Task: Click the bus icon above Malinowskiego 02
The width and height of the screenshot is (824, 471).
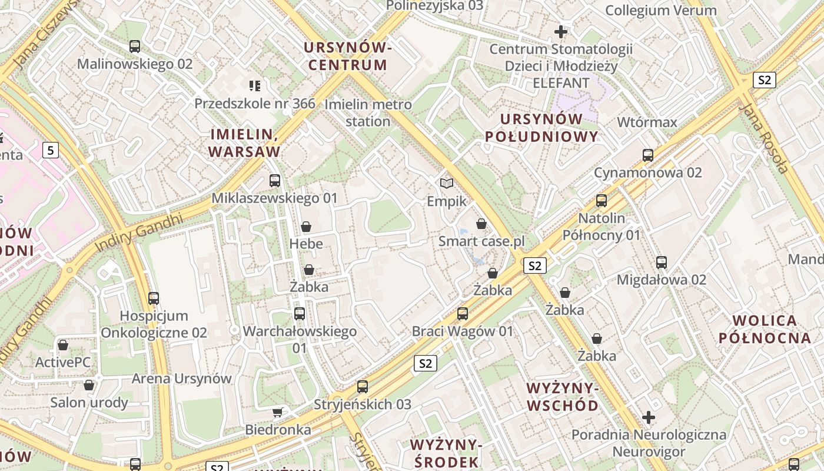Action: click(x=135, y=47)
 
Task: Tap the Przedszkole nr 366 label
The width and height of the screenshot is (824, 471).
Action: click(x=255, y=104)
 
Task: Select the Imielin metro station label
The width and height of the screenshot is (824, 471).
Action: click(x=368, y=113)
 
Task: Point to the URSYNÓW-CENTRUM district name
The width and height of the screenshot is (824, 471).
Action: click(x=348, y=56)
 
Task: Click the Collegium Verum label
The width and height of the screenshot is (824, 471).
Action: click(x=660, y=10)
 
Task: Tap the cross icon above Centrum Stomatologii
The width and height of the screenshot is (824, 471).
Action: click(x=561, y=31)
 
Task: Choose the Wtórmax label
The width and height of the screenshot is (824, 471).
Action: click(x=647, y=122)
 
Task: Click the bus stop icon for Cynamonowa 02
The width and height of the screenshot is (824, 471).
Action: click(x=648, y=155)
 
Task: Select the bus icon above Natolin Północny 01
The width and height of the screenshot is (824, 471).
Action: click(x=602, y=201)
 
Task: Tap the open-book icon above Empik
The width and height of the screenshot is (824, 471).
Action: click(x=447, y=184)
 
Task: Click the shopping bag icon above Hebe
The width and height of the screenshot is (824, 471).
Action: click(x=306, y=227)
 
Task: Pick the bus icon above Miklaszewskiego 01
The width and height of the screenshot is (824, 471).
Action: click(x=275, y=181)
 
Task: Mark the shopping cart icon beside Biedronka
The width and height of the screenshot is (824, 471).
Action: click(x=277, y=412)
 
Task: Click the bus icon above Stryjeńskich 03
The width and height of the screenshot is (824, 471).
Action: click(x=363, y=387)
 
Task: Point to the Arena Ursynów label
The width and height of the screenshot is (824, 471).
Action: click(x=181, y=378)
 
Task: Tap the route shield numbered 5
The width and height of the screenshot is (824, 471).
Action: click(x=51, y=150)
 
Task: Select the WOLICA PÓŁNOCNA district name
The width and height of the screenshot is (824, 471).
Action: click(x=765, y=329)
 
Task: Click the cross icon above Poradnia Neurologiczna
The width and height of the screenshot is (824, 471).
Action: click(x=649, y=417)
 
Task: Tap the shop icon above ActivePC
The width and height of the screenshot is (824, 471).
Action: click(x=62, y=345)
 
